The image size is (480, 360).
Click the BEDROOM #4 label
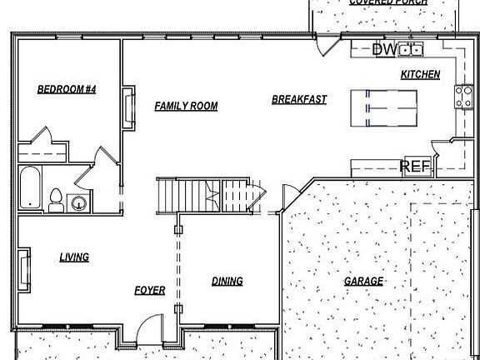point(67,89)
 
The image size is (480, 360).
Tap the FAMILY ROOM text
point(186,106)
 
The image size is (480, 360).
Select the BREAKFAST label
point(299,100)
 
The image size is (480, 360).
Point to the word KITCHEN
point(420,75)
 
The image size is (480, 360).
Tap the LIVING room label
point(74,257)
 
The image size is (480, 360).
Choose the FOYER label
point(150,291)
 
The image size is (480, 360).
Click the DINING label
point(227,282)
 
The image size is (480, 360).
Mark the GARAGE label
point(364,282)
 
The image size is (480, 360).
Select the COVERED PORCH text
point(388,3)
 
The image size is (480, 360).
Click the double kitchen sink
point(410,50)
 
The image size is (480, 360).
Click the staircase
point(204,196)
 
